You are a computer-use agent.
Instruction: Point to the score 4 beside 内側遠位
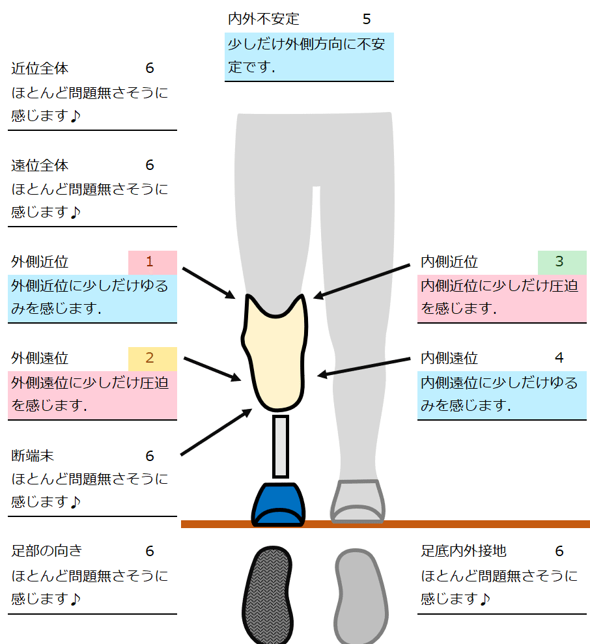pos(559,358)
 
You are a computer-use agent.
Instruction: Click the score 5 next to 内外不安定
pos(367,19)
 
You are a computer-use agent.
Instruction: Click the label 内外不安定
pos(263,19)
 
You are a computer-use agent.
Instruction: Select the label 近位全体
pos(40,68)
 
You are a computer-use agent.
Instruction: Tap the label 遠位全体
pos(40,165)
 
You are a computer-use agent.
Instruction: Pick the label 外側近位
pos(40,262)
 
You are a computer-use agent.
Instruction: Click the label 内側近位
pos(449,262)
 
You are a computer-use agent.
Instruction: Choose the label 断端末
pos(33,455)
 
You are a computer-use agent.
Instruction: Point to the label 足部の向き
pos(47,552)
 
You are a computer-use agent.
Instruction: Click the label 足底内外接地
pos(463,552)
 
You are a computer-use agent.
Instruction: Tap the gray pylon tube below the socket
pos(280,446)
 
